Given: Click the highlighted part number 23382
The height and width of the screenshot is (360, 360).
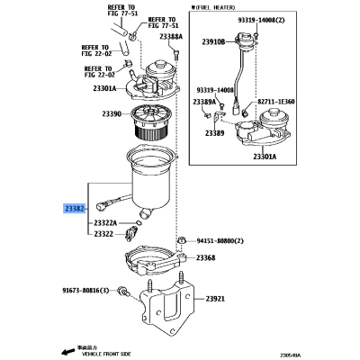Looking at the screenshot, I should (76, 208).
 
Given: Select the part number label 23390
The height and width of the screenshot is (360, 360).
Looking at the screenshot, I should (112, 114).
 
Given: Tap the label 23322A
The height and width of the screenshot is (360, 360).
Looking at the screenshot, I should (105, 222).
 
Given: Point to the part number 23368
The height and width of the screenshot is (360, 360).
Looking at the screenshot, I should (206, 258).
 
